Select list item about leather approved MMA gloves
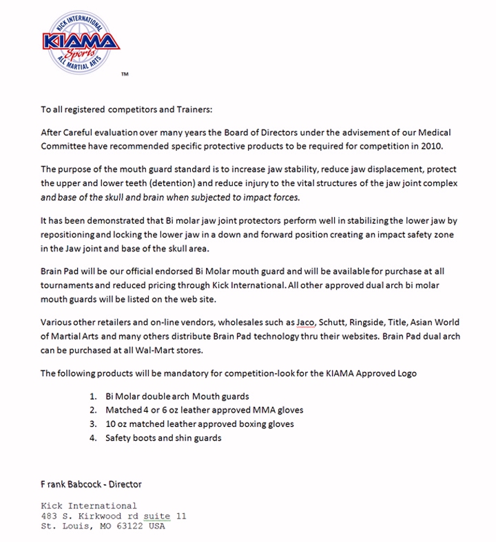pos(204,410)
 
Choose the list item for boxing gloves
pos(200,424)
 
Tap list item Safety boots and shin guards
pos(163,437)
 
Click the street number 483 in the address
pos(49,516)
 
